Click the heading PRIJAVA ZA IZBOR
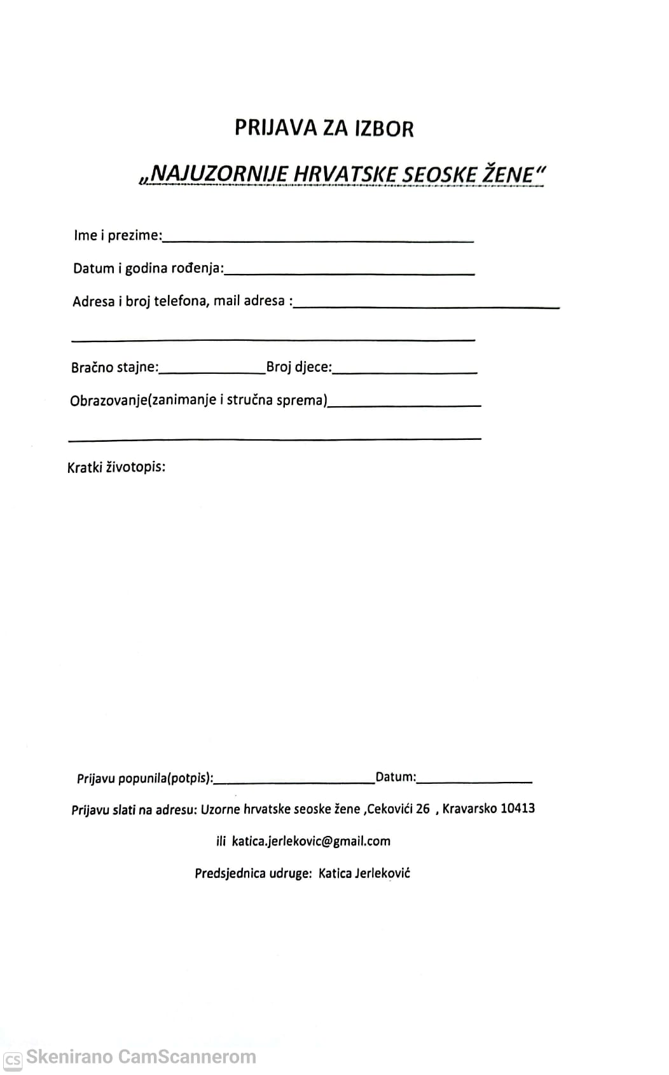tap(324, 128)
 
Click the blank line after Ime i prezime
tap(318, 240)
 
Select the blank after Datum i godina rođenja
tap(349, 272)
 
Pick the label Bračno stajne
tap(115, 367)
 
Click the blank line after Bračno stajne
tap(213, 371)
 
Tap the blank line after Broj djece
tap(405, 371)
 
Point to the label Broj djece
tap(299, 367)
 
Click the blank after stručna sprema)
tap(404, 404)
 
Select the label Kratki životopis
tap(116, 468)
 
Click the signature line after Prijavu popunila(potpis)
tap(294, 781)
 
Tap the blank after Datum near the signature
tap(474, 781)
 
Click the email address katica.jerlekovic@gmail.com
tap(311, 841)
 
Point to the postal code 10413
tap(518, 809)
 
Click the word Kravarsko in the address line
tap(470, 809)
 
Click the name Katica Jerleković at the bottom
tap(364, 873)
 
